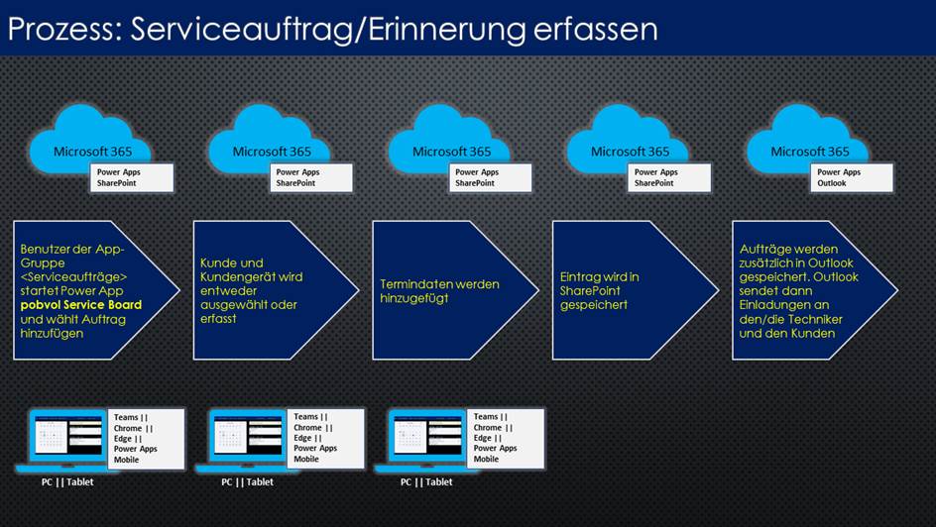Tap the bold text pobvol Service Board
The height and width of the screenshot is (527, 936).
click(x=81, y=305)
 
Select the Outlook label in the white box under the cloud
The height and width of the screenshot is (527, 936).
click(x=832, y=183)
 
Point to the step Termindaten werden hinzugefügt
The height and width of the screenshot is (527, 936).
click(x=455, y=290)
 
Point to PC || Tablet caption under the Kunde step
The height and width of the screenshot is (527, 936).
click(x=247, y=481)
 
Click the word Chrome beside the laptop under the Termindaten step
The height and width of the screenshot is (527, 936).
click(x=487, y=427)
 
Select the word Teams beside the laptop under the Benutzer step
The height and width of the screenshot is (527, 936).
click(x=126, y=417)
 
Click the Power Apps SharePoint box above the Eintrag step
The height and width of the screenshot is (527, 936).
click(x=669, y=177)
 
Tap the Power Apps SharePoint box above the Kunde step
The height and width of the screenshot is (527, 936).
click(x=311, y=177)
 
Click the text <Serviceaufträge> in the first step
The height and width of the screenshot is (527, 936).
click(x=74, y=276)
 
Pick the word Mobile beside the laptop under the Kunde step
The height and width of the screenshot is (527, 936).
click(x=306, y=459)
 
